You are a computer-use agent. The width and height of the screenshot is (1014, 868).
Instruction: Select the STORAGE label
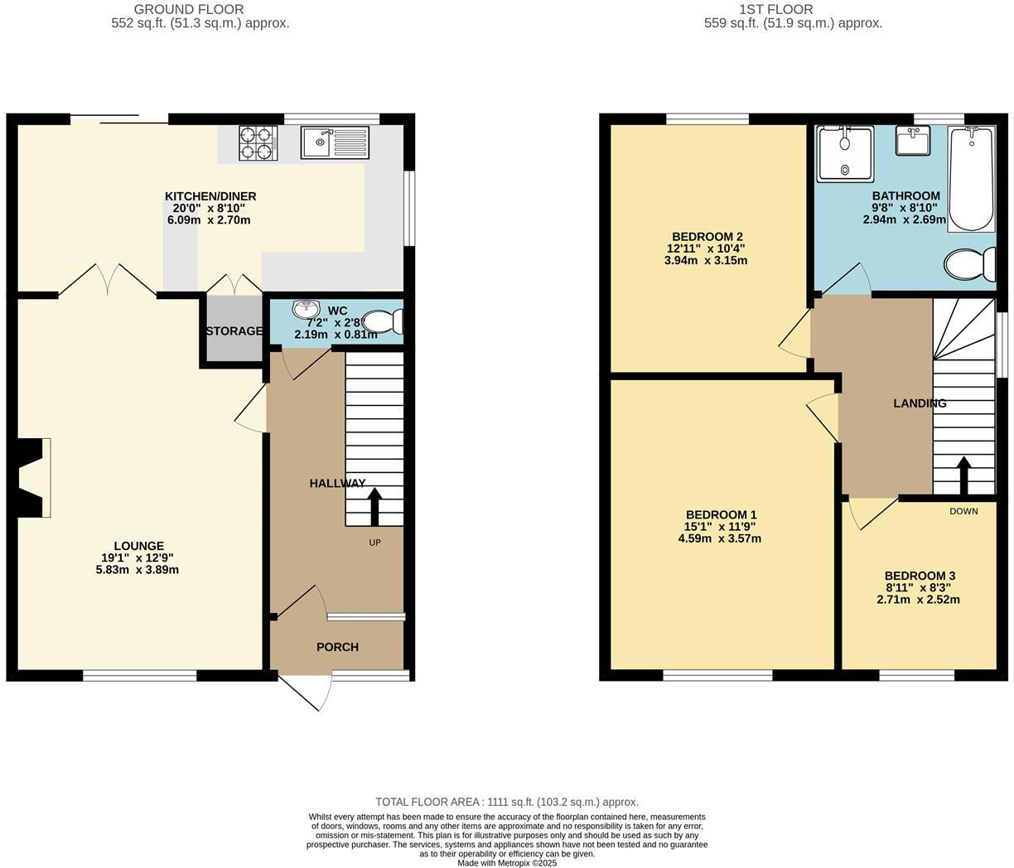click(234, 331)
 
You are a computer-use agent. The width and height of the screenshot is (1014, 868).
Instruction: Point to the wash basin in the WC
click(305, 309)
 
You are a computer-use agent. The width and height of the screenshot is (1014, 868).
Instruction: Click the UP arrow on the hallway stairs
click(374, 505)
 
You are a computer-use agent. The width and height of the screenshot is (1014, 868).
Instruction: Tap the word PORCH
click(337, 647)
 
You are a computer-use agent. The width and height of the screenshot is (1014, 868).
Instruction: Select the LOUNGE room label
click(138, 546)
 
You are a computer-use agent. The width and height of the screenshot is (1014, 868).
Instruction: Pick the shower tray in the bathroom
click(845, 153)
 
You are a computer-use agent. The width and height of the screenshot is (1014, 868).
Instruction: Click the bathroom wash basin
click(912, 142)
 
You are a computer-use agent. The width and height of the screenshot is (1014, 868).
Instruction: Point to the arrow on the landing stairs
click(963, 475)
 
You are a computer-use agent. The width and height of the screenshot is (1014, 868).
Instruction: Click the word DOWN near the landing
click(963, 511)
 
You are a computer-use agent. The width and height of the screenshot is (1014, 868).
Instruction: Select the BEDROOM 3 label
click(920, 576)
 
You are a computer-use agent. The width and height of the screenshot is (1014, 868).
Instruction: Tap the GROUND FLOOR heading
click(200, 10)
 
